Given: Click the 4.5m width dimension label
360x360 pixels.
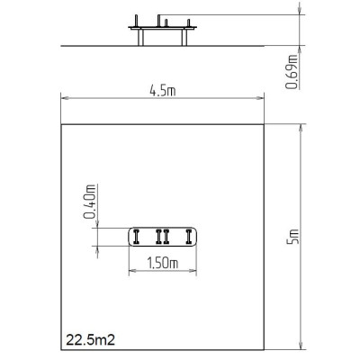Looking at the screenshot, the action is [162, 91].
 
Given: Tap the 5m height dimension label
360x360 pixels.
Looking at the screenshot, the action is [293, 236].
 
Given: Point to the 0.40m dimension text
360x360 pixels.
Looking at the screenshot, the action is [90, 202].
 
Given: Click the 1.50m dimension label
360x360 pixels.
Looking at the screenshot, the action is [163, 263].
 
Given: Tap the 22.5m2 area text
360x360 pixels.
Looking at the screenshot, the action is [90, 340].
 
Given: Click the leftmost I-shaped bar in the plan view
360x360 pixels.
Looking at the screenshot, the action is [137, 237].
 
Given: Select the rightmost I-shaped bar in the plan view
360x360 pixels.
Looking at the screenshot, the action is [189, 237].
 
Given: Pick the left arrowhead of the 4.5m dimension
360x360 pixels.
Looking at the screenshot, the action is [65, 98].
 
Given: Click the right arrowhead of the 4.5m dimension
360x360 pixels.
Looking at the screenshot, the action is [260, 98].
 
